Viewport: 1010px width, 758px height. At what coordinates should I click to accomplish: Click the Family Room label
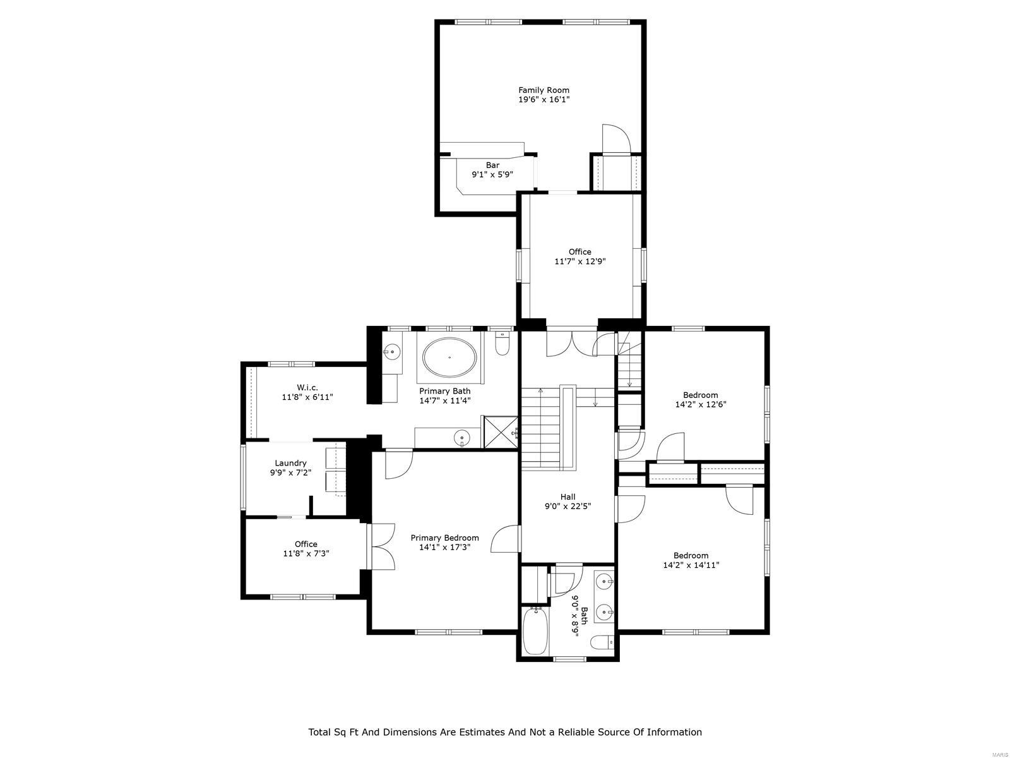pyautogui.click(x=544, y=90)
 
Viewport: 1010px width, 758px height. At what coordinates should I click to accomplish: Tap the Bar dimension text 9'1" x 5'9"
pyautogui.click(x=492, y=174)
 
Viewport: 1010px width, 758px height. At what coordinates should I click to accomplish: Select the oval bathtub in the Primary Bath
pyautogui.click(x=449, y=358)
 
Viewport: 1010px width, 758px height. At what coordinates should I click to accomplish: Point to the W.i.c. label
pyautogui.click(x=307, y=387)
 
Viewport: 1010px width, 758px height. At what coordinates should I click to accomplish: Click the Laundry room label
pyautogui.click(x=290, y=463)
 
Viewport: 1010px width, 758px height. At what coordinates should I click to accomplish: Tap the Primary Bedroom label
pyautogui.click(x=444, y=538)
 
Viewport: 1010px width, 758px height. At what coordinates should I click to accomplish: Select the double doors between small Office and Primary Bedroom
pyautogui.click(x=382, y=547)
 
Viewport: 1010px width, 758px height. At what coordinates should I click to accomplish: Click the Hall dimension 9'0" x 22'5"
pyautogui.click(x=567, y=506)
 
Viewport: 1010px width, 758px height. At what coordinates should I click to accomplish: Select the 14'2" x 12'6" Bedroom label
pyautogui.click(x=700, y=395)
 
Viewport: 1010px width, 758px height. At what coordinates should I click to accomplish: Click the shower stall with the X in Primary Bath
pyautogui.click(x=501, y=432)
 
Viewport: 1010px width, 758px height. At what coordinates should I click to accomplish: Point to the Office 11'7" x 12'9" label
pyautogui.click(x=579, y=252)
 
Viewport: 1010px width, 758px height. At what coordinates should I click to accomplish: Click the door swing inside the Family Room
pyautogui.click(x=615, y=139)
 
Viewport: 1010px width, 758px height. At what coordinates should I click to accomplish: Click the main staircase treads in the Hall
pyautogui.click(x=540, y=430)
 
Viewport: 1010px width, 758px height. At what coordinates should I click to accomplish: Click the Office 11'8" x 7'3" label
pyautogui.click(x=306, y=544)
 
